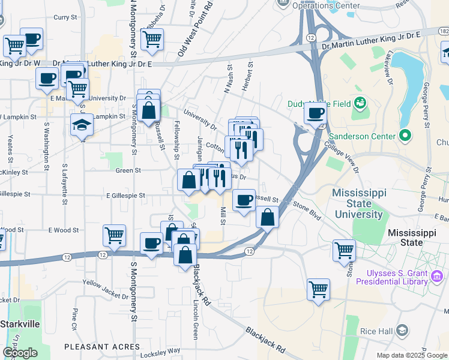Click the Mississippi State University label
pyautogui.click(x=358, y=203)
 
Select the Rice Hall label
pyautogui.click(x=376, y=331)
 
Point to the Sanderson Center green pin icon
pyautogui.click(x=405, y=135)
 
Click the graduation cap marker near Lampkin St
pyautogui.click(x=82, y=126)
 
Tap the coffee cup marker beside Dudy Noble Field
pyautogui.click(x=315, y=113)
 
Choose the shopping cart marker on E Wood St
pyautogui.click(x=114, y=235)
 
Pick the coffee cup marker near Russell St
pyautogui.click(x=244, y=200)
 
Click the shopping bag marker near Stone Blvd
pyautogui.click(x=267, y=217)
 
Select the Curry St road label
pyautogui.click(x=62, y=17)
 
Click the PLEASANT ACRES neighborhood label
pyautogui.click(x=102, y=347)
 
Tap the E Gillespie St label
pyautogui.click(x=125, y=196)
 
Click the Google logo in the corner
pyautogui.click(x=20, y=353)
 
